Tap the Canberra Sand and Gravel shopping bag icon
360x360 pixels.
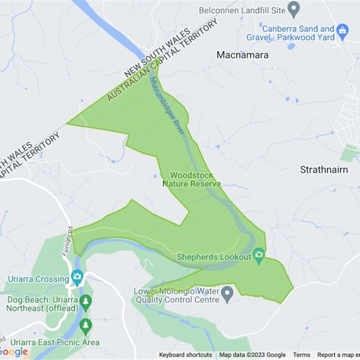[343, 31]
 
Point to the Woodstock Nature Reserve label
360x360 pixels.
[191, 179]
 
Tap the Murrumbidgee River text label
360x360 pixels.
[167, 105]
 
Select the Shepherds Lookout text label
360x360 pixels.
[213, 257]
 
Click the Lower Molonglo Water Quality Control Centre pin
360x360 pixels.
[228, 294]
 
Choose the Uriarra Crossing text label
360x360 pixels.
[40, 279]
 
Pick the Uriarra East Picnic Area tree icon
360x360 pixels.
[85, 325]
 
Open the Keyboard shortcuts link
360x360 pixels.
[185, 355]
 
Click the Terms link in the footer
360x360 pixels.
[301, 355]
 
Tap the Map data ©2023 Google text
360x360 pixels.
[252, 355]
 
